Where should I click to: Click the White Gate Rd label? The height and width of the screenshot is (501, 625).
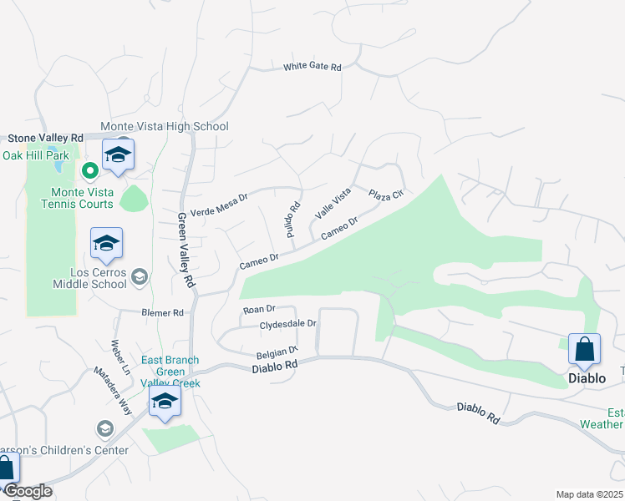pos(312,67)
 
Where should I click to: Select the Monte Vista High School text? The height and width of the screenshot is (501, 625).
pos(164,127)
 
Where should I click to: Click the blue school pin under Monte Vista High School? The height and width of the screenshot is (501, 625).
pos(119,155)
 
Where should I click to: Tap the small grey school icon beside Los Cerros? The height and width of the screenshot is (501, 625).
pos(140,276)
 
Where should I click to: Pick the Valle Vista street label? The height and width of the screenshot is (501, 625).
pos(332,205)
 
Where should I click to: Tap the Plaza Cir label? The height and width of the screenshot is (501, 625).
pos(386,194)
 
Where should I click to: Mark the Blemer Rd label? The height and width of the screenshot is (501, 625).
pos(161,313)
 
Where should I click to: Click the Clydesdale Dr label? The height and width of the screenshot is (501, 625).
pos(288,324)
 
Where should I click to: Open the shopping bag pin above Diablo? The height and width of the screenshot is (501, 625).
pos(584,350)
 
